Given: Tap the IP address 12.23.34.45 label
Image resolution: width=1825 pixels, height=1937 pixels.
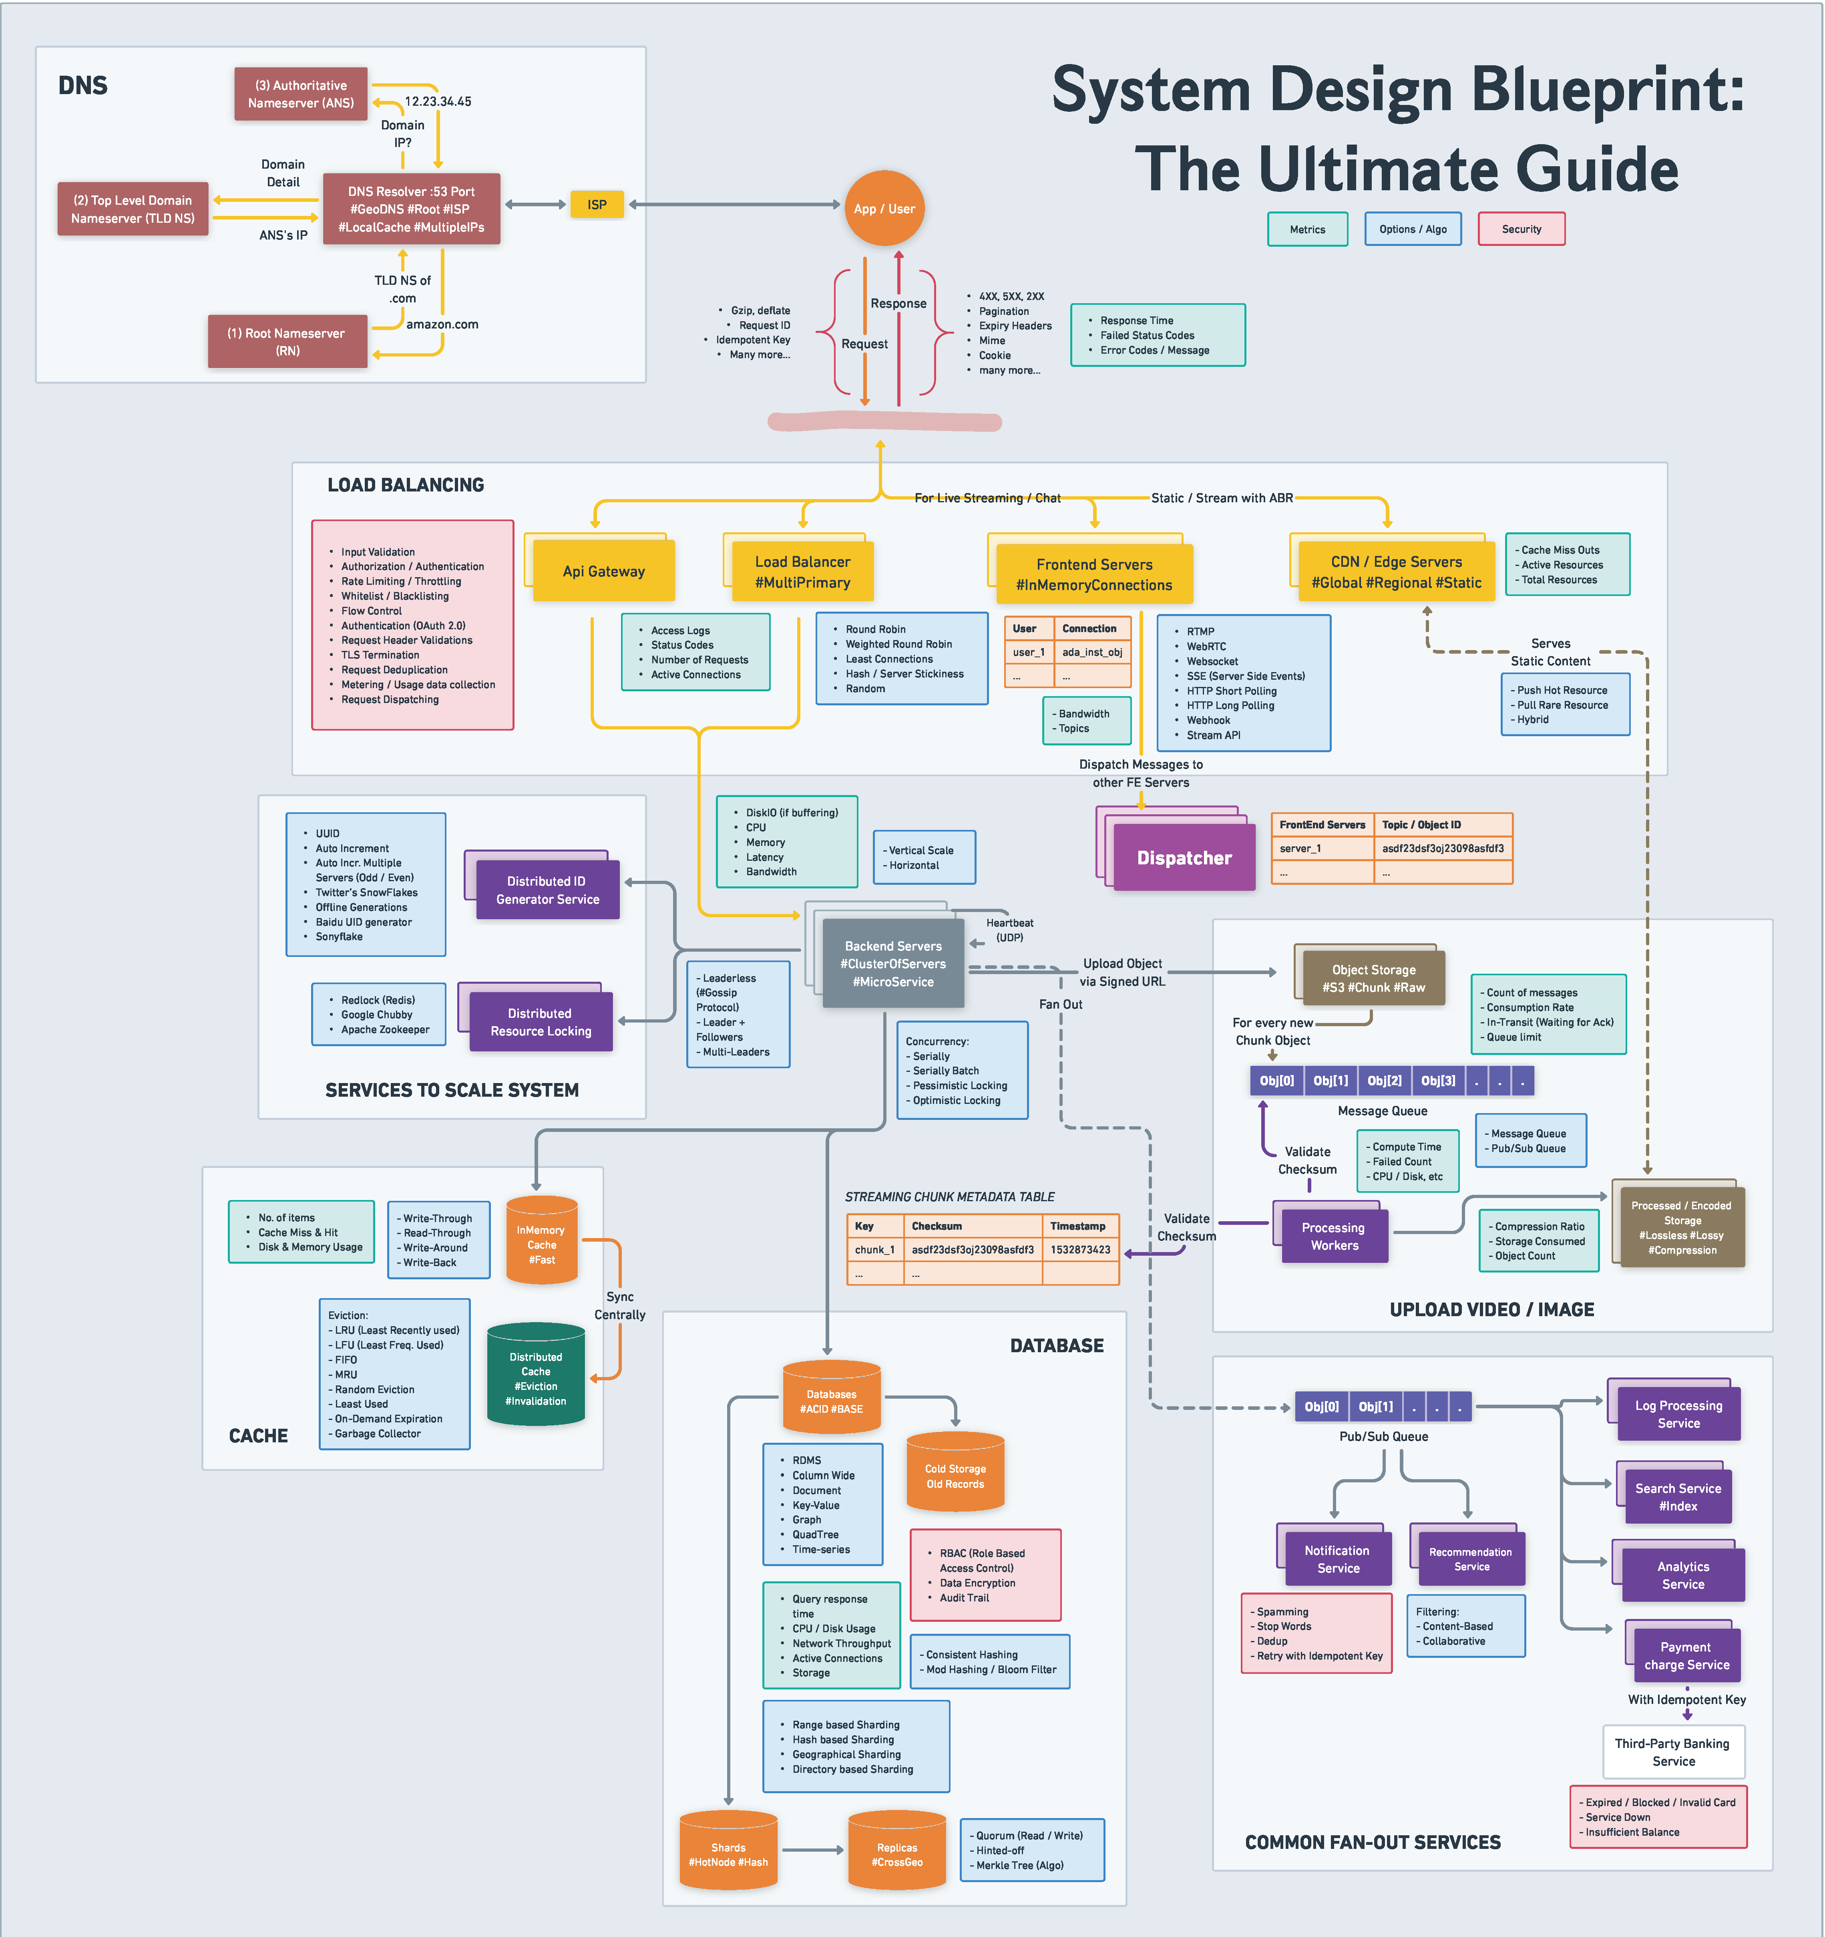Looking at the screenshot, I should point(438,101).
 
